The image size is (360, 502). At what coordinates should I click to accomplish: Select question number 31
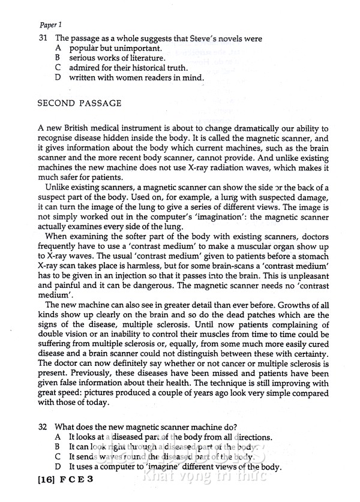point(43,38)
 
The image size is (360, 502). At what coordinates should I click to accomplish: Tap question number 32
point(43,427)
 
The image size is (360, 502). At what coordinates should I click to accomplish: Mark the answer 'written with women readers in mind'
point(136,78)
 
